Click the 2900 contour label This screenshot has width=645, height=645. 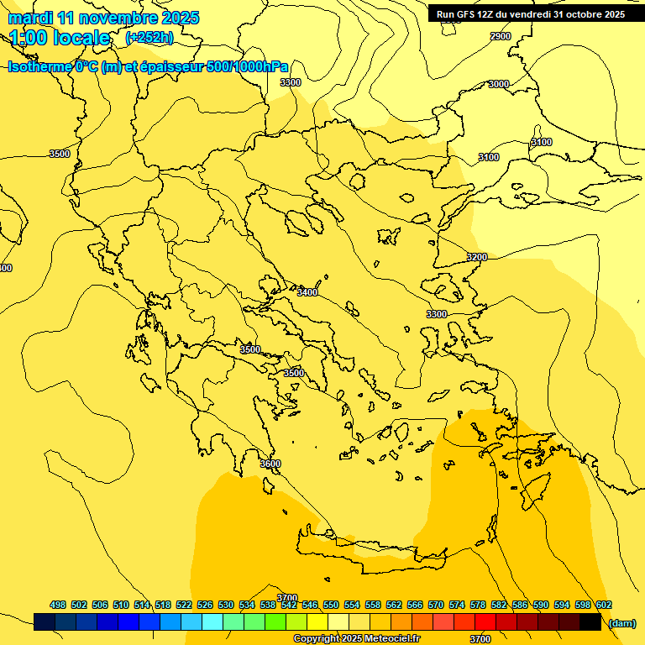click(501, 36)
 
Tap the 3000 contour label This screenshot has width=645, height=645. click(499, 84)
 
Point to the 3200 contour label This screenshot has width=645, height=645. click(477, 257)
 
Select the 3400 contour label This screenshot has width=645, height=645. click(307, 292)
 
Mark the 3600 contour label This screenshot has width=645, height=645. click(270, 464)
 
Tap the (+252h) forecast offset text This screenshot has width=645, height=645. click(149, 38)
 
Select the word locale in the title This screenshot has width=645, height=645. click(82, 38)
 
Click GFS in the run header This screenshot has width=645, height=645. click(470, 14)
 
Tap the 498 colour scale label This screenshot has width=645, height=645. click(58, 605)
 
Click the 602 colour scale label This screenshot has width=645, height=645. click(604, 605)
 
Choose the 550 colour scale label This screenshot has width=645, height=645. click(331, 605)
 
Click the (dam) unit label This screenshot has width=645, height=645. click(622, 622)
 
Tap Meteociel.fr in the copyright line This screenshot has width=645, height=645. click(396, 639)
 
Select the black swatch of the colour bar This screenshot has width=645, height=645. click(590, 621)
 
